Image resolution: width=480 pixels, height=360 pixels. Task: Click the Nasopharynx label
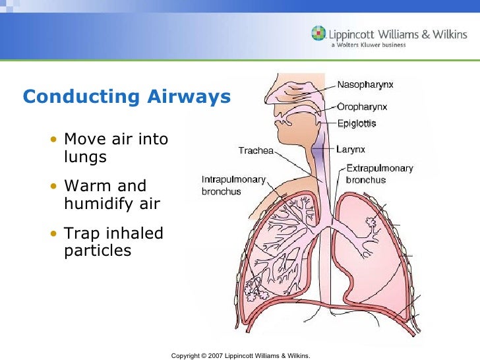(x=367, y=85)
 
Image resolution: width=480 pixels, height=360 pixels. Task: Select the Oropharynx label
(x=362, y=106)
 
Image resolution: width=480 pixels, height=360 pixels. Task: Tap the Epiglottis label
(x=357, y=123)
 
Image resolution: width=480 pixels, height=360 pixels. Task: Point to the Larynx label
(x=351, y=150)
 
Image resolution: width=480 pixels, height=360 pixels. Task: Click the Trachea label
(x=256, y=151)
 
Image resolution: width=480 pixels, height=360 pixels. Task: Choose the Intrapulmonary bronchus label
(x=233, y=185)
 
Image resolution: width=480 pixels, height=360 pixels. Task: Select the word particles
(x=98, y=251)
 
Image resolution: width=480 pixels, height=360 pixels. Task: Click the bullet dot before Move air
(x=53, y=140)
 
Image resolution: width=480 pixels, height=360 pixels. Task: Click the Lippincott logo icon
(x=318, y=33)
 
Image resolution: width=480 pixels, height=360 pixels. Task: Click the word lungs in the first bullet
(x=85, y=158)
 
